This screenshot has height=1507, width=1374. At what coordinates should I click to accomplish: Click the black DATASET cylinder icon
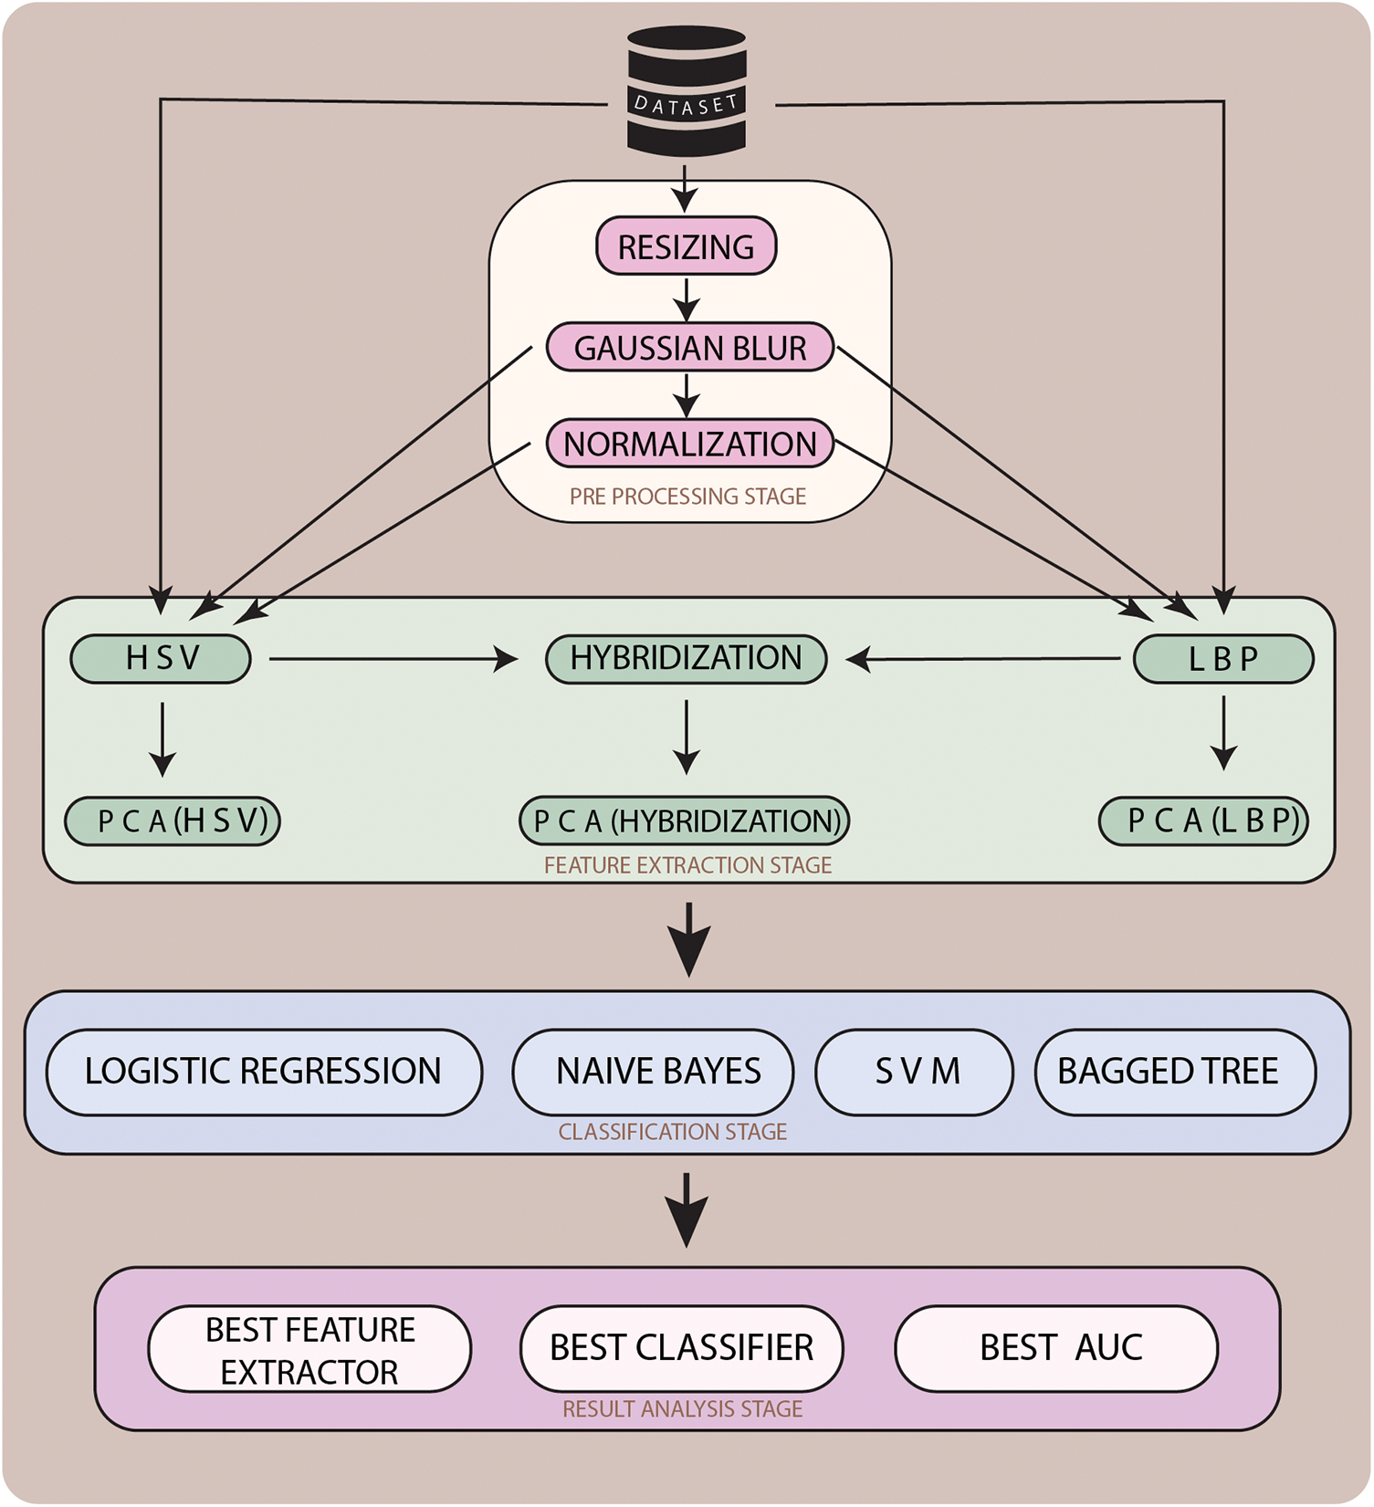tap(687, 89)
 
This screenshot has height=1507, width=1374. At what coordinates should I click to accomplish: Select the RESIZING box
tap(686, 246)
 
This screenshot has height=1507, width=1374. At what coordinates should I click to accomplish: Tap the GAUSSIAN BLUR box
tap(690, 348)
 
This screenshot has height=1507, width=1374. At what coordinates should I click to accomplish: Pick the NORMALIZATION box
tap(690, 444)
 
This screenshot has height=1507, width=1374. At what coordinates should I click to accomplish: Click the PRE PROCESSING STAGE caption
tap(687, 497)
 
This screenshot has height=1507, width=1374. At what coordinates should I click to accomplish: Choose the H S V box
tap(161, 658)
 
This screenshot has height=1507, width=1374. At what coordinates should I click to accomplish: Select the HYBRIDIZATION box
tap(686, 658)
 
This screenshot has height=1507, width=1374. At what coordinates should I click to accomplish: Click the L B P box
tap(1223, 659)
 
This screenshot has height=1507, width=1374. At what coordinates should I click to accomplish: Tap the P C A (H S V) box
tap(173, 821)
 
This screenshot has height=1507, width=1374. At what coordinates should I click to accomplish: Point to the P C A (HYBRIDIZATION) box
tap(685, 821)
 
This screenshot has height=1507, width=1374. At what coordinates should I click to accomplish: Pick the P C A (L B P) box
tap(1204, 821)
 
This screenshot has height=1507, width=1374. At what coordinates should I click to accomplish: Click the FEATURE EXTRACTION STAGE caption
tap(687, 865)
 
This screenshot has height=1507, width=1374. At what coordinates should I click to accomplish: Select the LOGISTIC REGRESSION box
tap(264, 1072)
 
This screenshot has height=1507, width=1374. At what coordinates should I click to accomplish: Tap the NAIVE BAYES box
tap(654, 1072)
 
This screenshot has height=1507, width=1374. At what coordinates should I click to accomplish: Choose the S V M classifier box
tap(915, 1072)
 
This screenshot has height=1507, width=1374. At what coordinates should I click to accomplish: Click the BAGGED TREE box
tap(1175, 1072)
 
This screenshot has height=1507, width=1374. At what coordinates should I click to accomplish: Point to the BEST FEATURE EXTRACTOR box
tap(309, 1349)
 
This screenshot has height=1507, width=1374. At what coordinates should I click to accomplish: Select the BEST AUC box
tap(1056, 1348)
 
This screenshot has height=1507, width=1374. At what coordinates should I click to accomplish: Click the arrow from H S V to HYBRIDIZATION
tap(393, 658)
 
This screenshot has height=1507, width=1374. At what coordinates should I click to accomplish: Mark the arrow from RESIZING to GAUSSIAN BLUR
tap(687, 299)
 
